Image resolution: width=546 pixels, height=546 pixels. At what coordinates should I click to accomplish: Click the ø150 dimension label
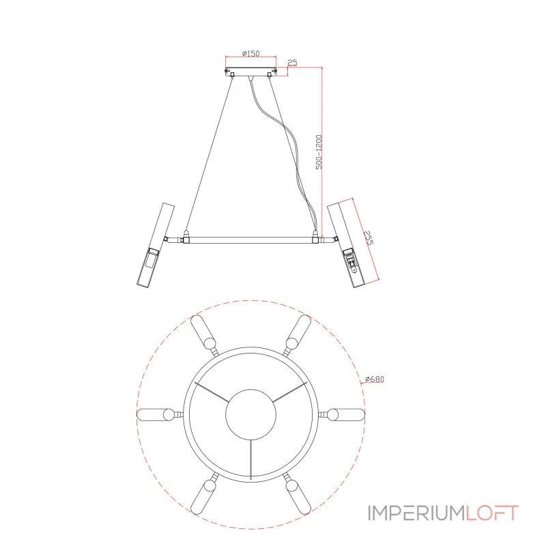[x=250, y=53]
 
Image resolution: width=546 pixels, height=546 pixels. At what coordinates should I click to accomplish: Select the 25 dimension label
[x=293, y=62]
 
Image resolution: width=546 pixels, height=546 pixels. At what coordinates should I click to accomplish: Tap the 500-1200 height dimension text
[x=319, y=152]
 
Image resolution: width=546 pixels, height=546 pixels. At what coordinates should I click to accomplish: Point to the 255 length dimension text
[x=368, y=238]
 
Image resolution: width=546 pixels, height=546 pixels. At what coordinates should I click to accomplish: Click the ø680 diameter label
[x=375, y=379]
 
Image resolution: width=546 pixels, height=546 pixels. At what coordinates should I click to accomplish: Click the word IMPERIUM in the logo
[x=416, y=513]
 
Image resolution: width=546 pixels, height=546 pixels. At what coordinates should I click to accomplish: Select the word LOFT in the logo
[x=492, y=513]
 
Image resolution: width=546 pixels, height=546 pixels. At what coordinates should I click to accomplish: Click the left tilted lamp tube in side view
[x=156, y=245]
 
